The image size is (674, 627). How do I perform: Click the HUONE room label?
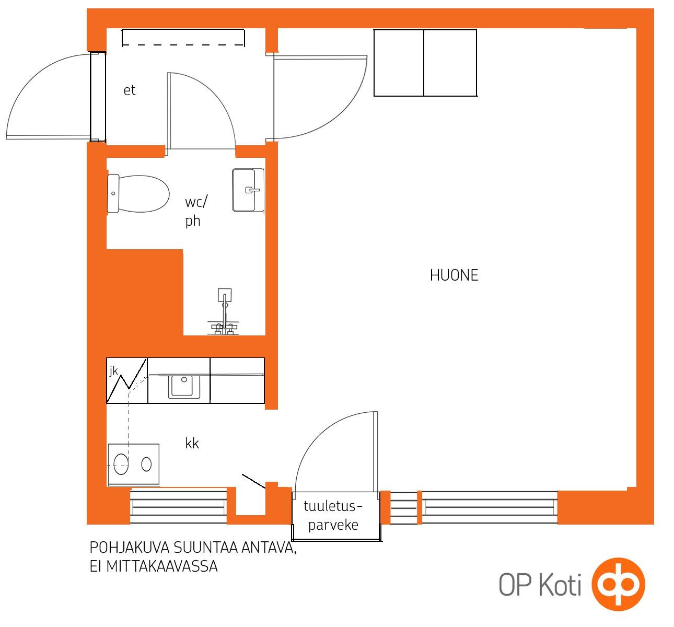click(x=454, y=275)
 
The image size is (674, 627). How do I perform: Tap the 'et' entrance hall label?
click(x=129, y=90)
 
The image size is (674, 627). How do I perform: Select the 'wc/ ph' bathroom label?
click(x=196, y=212)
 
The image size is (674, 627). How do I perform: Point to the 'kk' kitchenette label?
click(x=192, y=444)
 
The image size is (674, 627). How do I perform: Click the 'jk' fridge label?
click(x=113, y=371)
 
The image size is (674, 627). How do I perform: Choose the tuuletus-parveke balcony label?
click(x=333, y=515)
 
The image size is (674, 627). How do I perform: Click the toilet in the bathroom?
click(x=138, y=194)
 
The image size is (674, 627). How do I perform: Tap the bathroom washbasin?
click(x=248, y=190)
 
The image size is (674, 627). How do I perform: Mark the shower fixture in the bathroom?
click(x=224, y=311)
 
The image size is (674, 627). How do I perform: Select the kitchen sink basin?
click(x=184, y=386)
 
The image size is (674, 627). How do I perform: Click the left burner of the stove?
click(x=121, y=465)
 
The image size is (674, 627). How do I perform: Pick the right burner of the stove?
click(x=146, y=465)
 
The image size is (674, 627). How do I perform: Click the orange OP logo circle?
click(x=618, y=584)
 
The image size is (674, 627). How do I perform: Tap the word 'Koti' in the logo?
click(x=560, y=585)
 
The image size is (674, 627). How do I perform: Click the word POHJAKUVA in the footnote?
click(x=129, y=548)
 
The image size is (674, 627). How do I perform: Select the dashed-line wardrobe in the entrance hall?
click(x=183, y=37)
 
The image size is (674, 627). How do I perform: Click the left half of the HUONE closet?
click(x=399, y=63)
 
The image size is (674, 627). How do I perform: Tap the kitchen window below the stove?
click(x=179, y=507)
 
